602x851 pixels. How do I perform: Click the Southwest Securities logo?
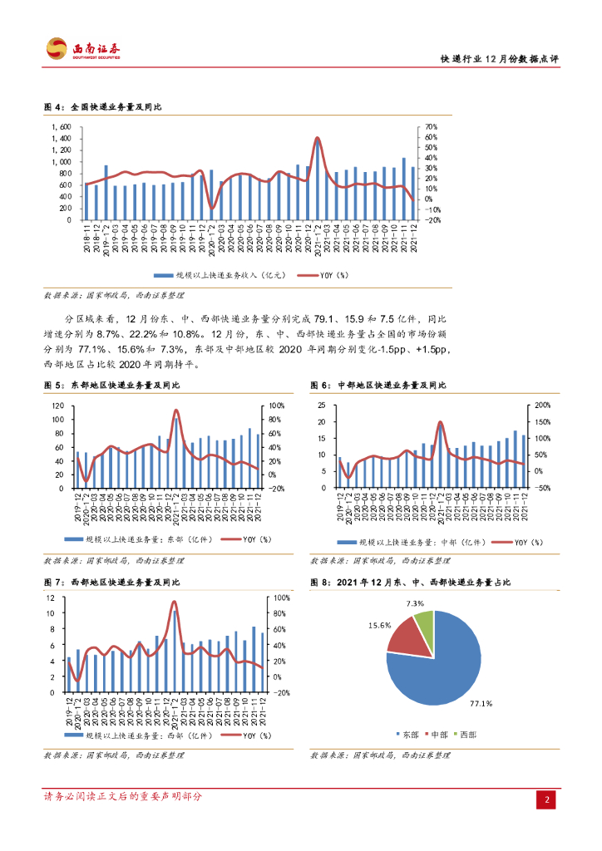tap(82, 49)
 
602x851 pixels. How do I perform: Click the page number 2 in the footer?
tap(548, 799)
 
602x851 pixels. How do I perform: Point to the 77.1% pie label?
tap(481, 704)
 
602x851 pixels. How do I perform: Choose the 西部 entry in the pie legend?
tap(467, 735)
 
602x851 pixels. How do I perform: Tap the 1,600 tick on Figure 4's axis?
tap(62, 127)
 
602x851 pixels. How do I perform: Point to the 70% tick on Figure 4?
tap(432, 127)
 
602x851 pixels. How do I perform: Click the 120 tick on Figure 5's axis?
tap(57, 406)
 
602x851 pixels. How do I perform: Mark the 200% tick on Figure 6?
tap(540, 406)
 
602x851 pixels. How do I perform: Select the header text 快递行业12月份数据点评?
tap(499, 59)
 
